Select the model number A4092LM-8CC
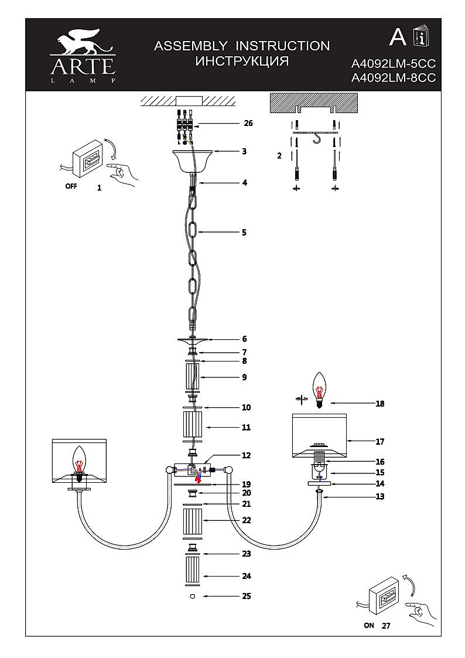pyautogui.click(x=393, y=79)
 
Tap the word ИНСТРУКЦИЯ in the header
pyautogui.click(x=241, y=62)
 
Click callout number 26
pyautogui.click(x=248, y=124)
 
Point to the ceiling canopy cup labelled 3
pyautogui.click(x=192, y=159)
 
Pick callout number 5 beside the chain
pyautogui.click(x=244, y=233)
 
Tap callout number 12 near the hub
pyautogui.click(x=246, y=455)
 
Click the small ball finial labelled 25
pyautogui.click(x=192, y=596)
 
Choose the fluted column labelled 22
pyautogui.click(x=192, y=521)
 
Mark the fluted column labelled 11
pyautogui.click(x=192, y=428)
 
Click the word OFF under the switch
pyautogui.click(x=71, y=188)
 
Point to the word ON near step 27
pyautogui.click(x=368, y=625)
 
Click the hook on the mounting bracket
pyautogui.click(x=317, y=138)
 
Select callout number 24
pyautogui.click(x=247, y=577)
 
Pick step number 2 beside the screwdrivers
pyautogui.click(x=279, y=156)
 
